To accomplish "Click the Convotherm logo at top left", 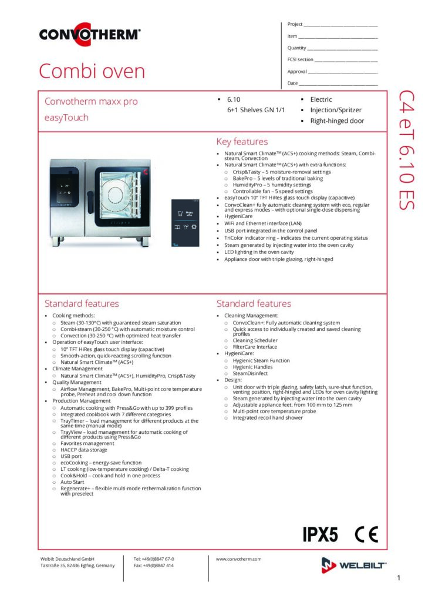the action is point(90,34).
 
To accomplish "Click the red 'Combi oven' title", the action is point(92,71).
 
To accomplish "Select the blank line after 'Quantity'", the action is point(342,49).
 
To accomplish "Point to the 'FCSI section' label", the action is point(300,59).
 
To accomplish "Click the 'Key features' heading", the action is point(242,142).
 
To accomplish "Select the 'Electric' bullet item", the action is point(321,99).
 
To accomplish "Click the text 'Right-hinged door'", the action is point(337,121).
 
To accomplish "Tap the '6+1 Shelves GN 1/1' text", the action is point(256,110).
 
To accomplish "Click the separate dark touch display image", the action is point(185,223).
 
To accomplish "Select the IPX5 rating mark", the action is point(321,534).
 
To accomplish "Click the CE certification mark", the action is point(366,534).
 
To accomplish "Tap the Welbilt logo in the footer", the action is point(354,565).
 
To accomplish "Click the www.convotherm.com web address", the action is point(238,559).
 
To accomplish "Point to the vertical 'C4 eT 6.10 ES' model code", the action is point(407,150).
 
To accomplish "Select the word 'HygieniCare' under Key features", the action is point(238,216).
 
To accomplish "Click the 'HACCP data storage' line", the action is point(84,450).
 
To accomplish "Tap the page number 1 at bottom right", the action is point(399,577).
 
